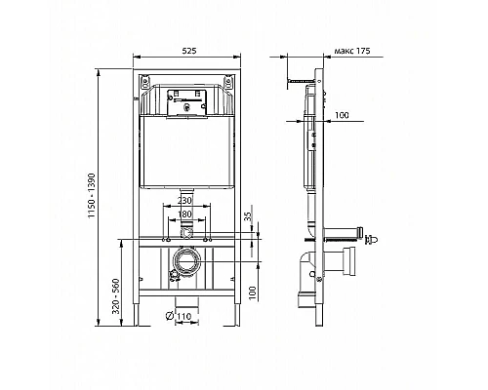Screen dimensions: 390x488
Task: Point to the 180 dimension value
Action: [191, 214]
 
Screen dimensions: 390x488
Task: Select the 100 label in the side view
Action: [340, 116]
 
